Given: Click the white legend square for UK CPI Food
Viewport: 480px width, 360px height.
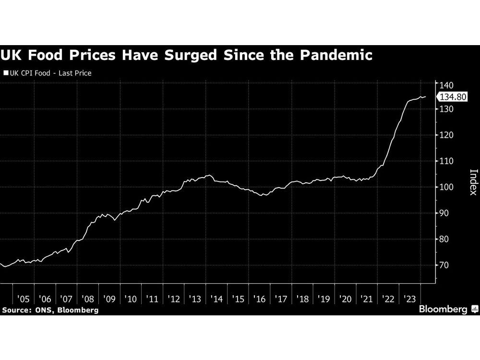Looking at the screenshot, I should tap(6, 73).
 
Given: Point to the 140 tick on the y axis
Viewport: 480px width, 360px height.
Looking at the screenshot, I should tap(446, 84).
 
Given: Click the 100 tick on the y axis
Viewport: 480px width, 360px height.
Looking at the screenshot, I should tap(446, 187).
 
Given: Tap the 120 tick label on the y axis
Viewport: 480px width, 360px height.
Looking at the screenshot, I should tap(446, 135).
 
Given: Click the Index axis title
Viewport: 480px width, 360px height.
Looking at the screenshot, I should tap(473, 182).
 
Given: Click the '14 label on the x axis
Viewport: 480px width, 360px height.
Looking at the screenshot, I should tap(216, 299).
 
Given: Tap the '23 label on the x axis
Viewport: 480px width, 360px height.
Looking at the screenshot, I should tap(410, 299).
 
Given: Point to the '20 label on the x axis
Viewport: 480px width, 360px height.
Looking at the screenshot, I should tap(346, 299).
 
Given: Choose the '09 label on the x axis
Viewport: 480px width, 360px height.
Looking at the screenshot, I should tap(109, 299).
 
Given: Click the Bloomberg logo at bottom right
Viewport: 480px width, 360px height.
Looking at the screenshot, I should tap(447, 309).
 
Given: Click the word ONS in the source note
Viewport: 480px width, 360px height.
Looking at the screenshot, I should tap(44, 310).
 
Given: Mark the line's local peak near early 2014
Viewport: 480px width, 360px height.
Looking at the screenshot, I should tap(209, 175).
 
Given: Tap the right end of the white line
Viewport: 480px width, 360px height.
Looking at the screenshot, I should tap(425, 97).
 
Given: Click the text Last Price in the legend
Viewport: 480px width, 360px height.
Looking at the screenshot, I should tap(75, 73).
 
